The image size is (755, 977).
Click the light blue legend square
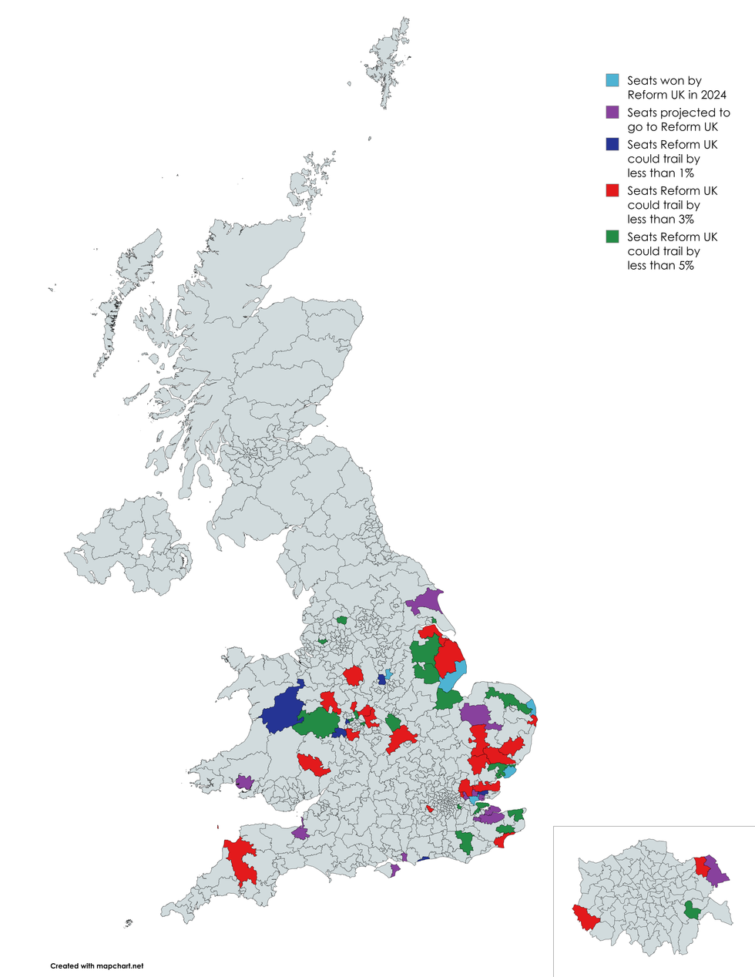612,80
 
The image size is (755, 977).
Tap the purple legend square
612,112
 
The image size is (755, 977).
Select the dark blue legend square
612,144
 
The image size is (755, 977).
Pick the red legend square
612,190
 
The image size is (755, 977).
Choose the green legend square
612,237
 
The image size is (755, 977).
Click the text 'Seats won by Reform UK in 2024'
676,88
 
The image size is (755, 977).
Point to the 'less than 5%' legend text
660,265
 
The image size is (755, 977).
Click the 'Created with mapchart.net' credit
97,965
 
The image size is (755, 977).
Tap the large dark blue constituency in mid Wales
284,710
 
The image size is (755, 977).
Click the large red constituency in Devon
240,859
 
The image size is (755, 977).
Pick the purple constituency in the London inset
716,872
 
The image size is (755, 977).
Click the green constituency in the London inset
693,912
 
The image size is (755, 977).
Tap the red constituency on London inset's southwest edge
583,918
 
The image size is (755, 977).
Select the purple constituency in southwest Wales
244,783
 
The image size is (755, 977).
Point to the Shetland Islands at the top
390,62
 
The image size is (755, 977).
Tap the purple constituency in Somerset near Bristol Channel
300,833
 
